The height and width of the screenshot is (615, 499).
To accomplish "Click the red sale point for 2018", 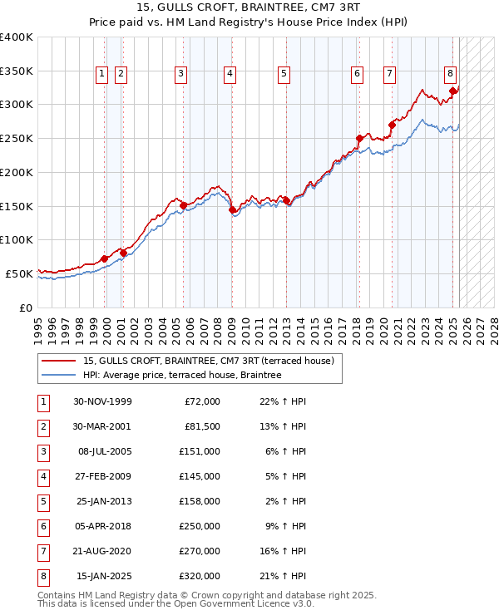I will pos(359,138).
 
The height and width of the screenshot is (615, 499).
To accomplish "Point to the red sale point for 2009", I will pos(232,209).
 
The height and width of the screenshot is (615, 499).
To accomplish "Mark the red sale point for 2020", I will pos(392,125).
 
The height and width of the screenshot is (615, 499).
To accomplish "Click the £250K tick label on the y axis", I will pos(17,138).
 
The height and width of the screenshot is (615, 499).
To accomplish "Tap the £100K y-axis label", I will pos(17,239).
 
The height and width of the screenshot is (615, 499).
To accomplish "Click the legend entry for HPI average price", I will pos(182,376).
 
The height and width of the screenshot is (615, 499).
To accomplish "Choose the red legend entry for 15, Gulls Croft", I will pos(208,361).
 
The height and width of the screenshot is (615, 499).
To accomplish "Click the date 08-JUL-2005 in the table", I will pos(102,451).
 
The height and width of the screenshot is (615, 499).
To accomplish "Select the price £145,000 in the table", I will pos(200,476).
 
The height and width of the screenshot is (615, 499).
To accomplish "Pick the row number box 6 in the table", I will pos(42,526).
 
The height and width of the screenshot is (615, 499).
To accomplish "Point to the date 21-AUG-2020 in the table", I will pos(102,551).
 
